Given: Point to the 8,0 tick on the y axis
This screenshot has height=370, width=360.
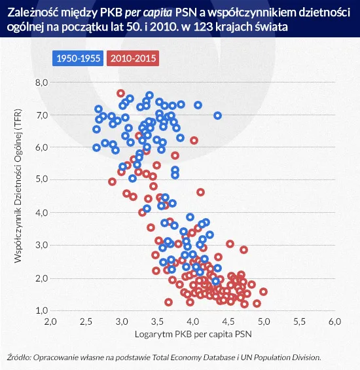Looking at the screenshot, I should (42, 83).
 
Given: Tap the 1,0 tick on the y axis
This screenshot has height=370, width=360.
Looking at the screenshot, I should (42, 310).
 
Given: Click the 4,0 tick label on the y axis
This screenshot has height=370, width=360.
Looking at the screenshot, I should (42, 213).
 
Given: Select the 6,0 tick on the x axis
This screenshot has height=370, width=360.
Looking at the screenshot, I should (334, 323).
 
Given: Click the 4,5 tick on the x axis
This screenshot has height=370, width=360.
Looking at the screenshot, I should (263, 323).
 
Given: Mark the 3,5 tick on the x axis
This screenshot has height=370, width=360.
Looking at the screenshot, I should (157, 323).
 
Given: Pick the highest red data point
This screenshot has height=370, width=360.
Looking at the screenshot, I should (120, 93).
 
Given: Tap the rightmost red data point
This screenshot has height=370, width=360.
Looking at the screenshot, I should (263, 291).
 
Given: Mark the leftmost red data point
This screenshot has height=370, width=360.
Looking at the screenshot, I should (113, 181).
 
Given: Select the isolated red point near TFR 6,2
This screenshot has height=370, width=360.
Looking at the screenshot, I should (194, 140).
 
